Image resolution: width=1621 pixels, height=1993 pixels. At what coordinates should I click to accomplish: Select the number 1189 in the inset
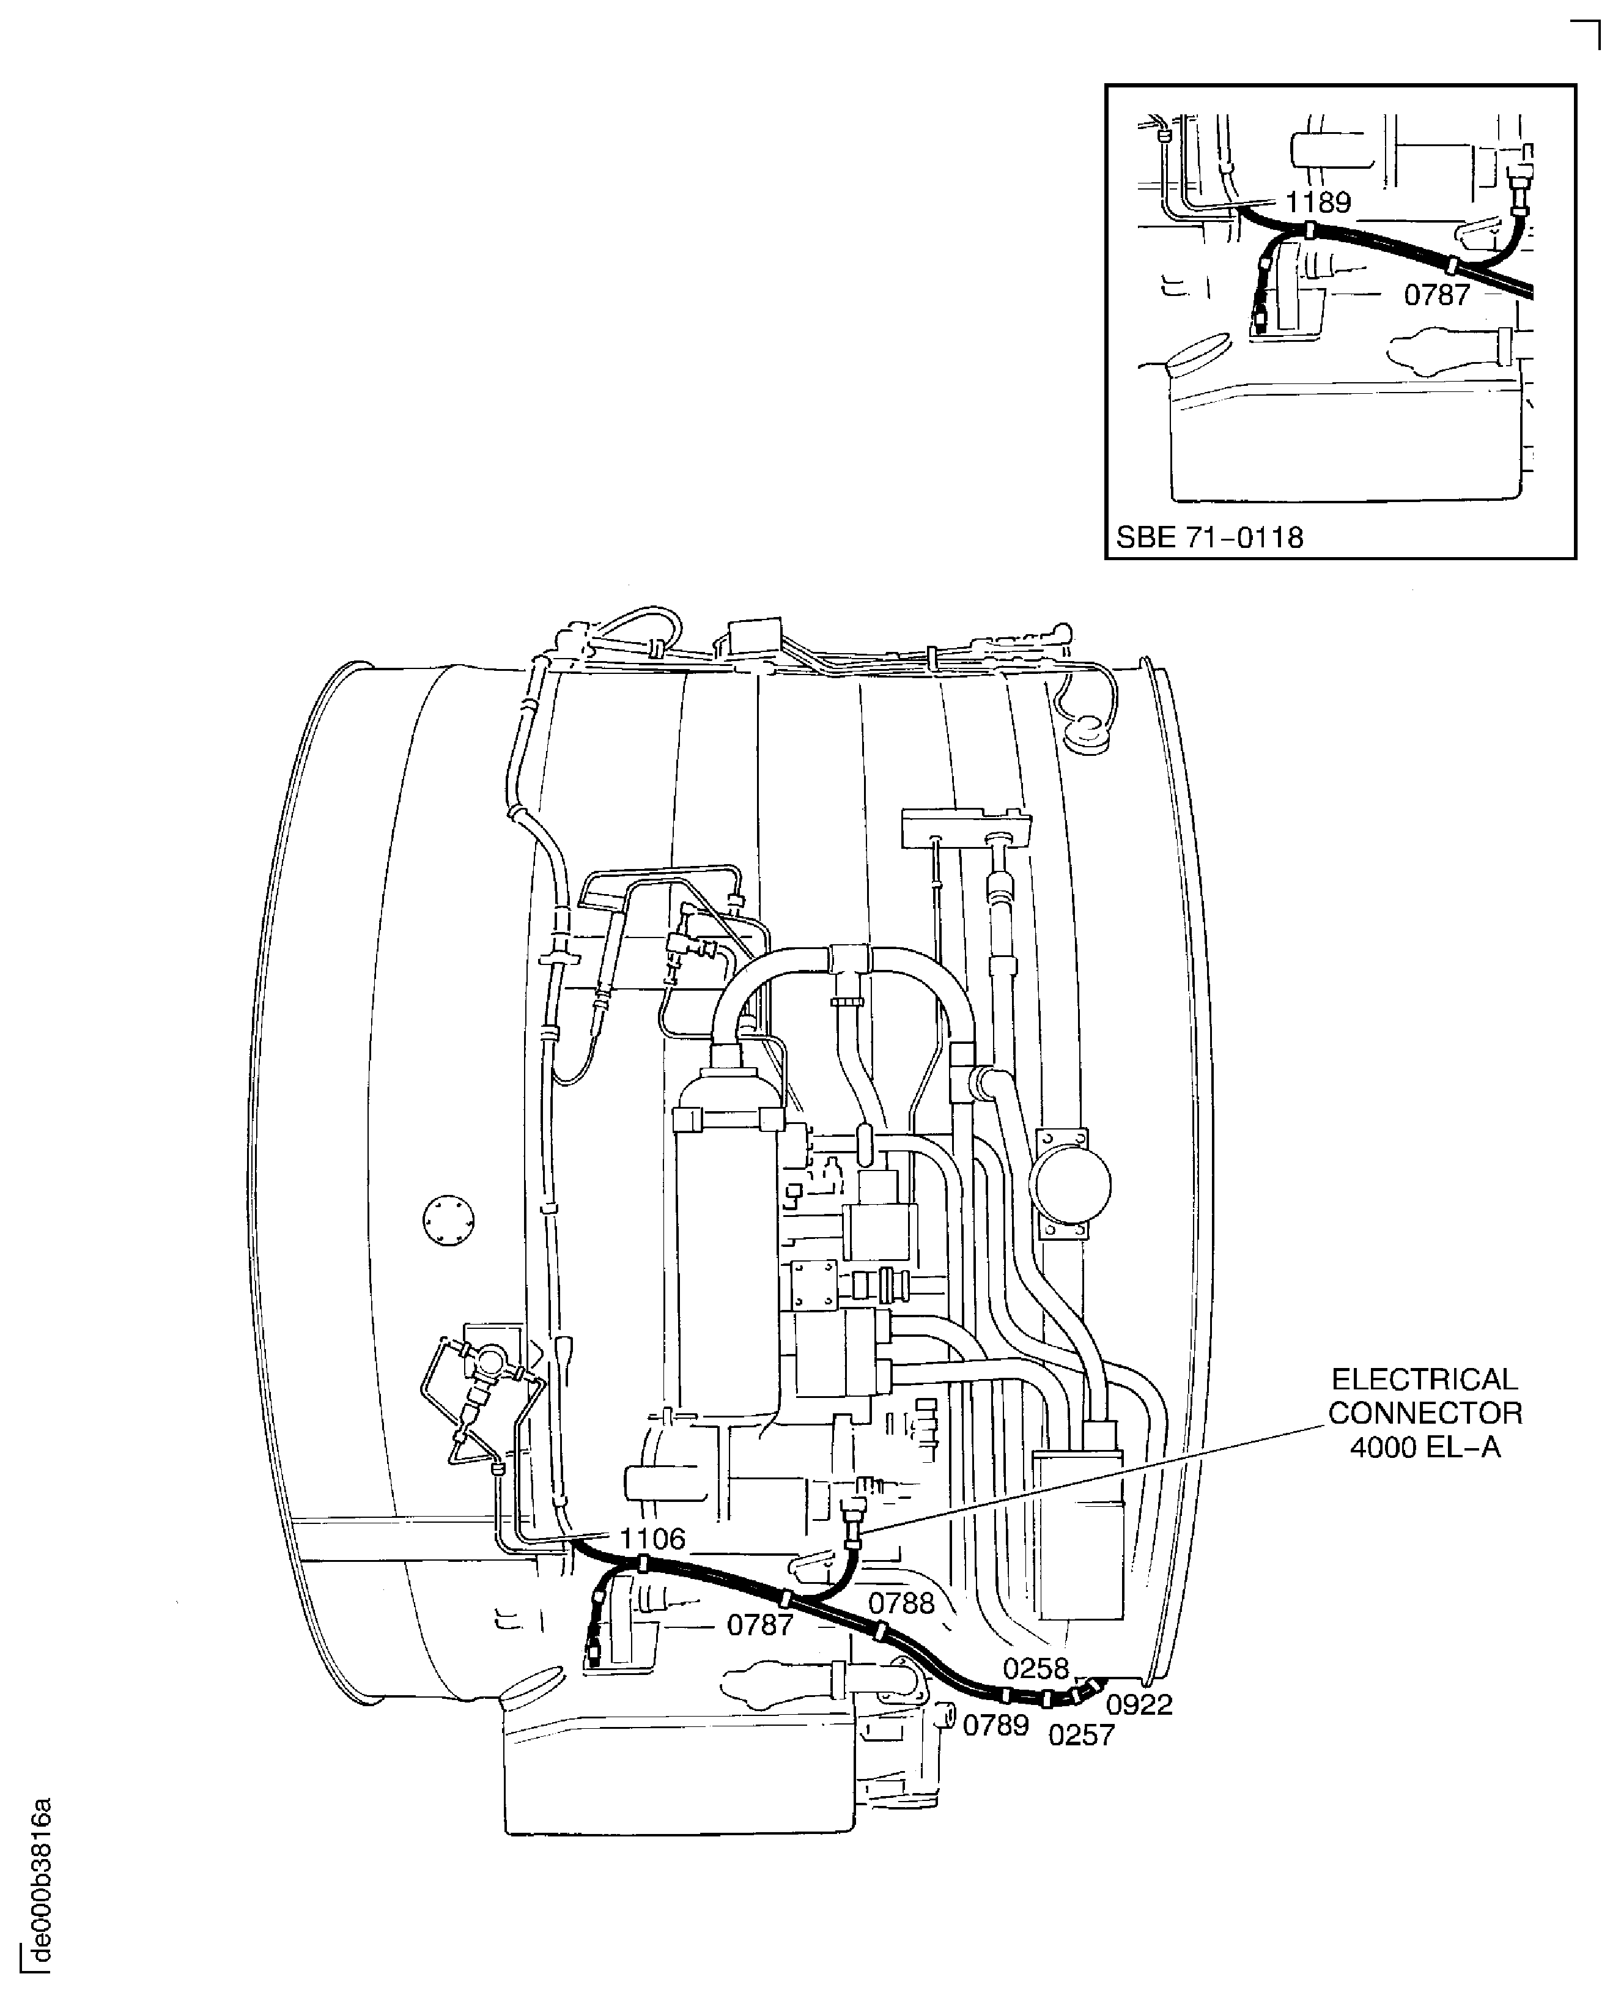(x=1318, y=202)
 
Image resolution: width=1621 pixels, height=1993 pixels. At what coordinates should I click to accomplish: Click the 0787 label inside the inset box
(x=1437, y=295)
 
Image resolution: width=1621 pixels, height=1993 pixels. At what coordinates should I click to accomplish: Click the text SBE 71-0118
(x=1209, y=538)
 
